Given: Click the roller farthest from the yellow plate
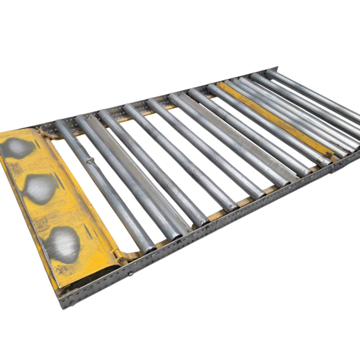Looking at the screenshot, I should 316,94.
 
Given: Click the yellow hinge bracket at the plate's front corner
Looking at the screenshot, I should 120,255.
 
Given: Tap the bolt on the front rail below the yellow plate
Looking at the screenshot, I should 132,274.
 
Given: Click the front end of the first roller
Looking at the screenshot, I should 147,247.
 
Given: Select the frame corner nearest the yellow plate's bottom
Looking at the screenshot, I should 62,302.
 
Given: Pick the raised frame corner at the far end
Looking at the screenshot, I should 275,70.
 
